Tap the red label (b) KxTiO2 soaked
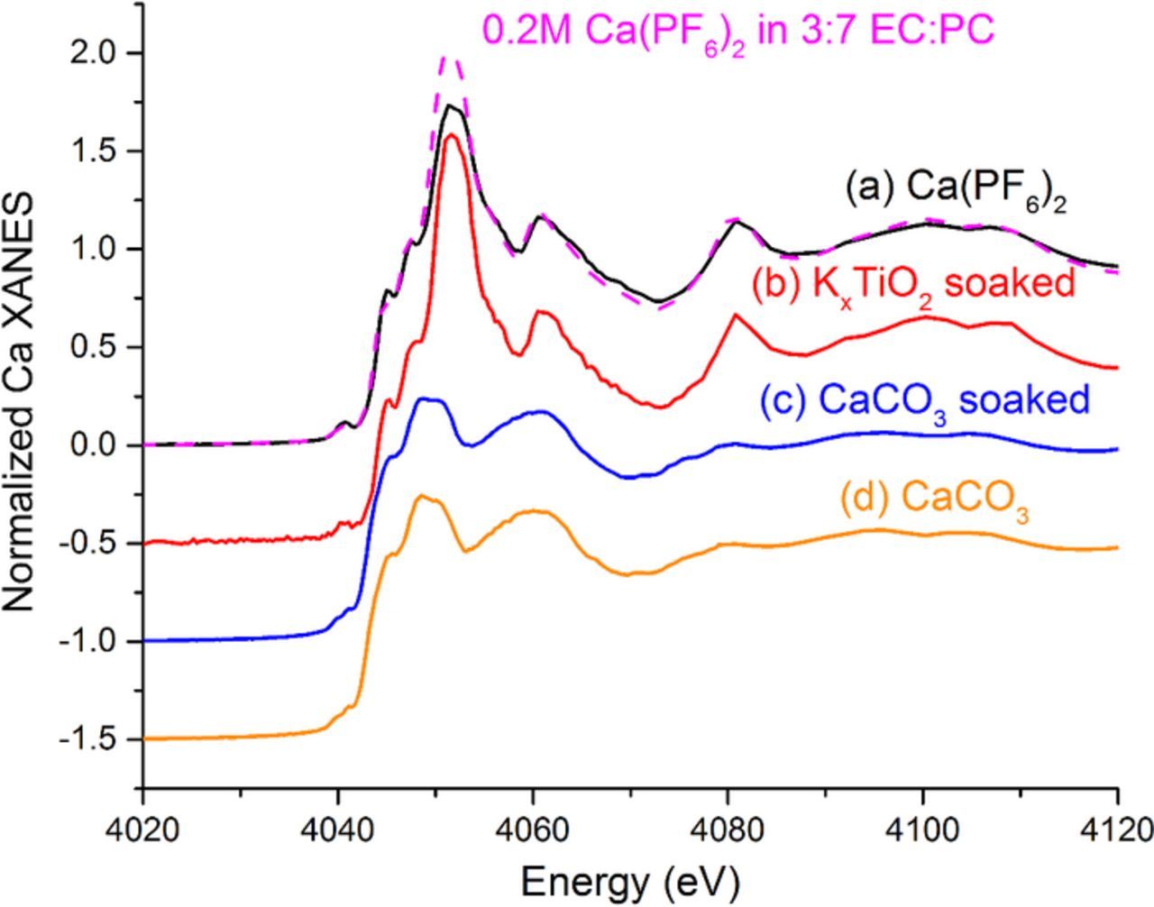(913, 284)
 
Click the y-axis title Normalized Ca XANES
(20, 401)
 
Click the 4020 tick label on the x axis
(142, 828)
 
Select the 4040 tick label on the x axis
(338, 828)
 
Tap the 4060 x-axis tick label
(533, 828)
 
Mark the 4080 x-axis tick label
(728, 828)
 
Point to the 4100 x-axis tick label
(922, 828)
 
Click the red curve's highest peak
(452, 135)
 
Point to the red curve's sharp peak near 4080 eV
(736, 315)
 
